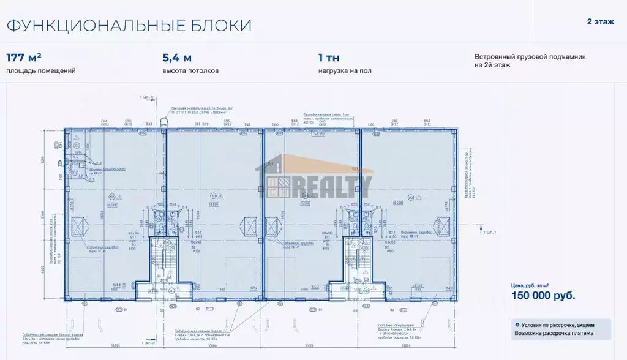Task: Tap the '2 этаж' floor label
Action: click(x=601, y=22)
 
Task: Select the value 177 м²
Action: click(x=24, y=58)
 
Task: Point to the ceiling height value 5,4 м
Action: click(x=177, y=58)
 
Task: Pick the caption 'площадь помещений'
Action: click(x=41, y=71)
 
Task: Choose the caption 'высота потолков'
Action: click(x=190, y=71)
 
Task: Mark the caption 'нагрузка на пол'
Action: click(x=345, y=71)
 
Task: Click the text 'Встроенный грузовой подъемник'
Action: click(x=530, y=56)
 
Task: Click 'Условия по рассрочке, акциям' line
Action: click(x=557, y=325)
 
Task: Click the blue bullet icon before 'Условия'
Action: click(x=517, y=325)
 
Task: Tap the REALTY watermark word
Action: click(x=336, y=185)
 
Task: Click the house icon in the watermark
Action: click(x=279, y=178)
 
